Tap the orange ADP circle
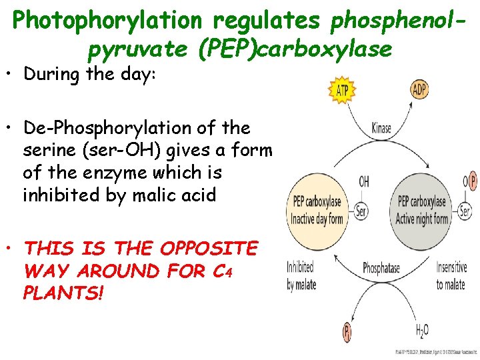tap(419, 90)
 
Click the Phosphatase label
tap(381, 268)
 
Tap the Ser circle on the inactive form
tap(361, 211)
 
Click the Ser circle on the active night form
tap(465, 211)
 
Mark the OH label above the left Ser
tap(364, 181)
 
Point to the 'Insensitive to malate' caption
tap(451, 276)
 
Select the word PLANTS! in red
tap(64, 293)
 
